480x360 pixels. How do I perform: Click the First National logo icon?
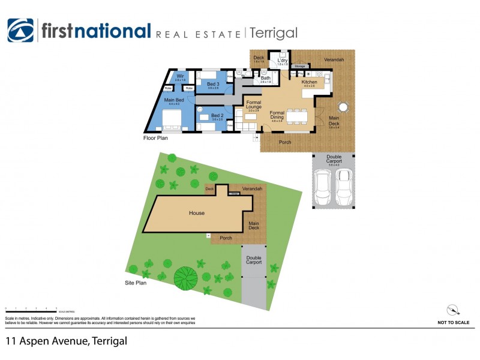[x=20, y=31]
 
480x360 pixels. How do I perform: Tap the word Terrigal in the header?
[x=273, y=33]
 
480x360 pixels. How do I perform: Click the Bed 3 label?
[x=213, y=84]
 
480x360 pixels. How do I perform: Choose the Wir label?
[x=180, y=76]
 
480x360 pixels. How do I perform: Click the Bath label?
[x=265, y=77]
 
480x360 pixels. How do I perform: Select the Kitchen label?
[x=309, y=82]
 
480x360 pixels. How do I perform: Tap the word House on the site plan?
[x=197, y=213]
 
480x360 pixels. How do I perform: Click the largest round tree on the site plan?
[x=185, y=277]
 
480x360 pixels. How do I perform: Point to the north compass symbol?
[x=453, y=310]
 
